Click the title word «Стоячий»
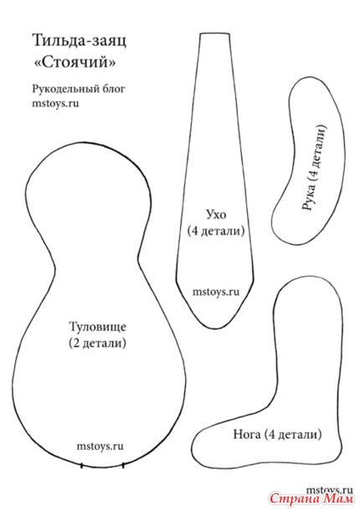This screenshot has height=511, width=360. click(x=75, y=62)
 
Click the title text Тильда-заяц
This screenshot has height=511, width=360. click(x=80, y=41)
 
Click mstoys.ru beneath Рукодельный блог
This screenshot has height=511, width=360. click(x=55, y=104)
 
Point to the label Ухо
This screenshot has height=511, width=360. click(x=216, y=215)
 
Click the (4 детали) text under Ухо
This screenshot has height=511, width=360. click(x=216, y=231)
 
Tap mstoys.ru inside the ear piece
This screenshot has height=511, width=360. click(x=216, y=292)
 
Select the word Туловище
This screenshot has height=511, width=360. click(x=97, y=327)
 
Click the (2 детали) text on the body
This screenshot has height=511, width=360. click(x=97, y=343)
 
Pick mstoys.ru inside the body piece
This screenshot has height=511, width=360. click(x=100, y=446)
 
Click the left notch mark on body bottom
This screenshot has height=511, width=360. click(x=81, y=466)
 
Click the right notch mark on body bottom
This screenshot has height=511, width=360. click(x=123, y=466)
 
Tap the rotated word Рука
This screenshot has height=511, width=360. click(x=310, y=197)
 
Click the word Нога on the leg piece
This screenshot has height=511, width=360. click(x=247, y=435)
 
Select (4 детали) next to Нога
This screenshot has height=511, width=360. click(x=292, y=435)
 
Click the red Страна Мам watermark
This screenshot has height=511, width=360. click(x=311, y=498)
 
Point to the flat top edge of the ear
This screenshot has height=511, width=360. click(x=214, y=34)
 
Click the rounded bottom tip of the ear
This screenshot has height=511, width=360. click(x=211, y=328)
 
